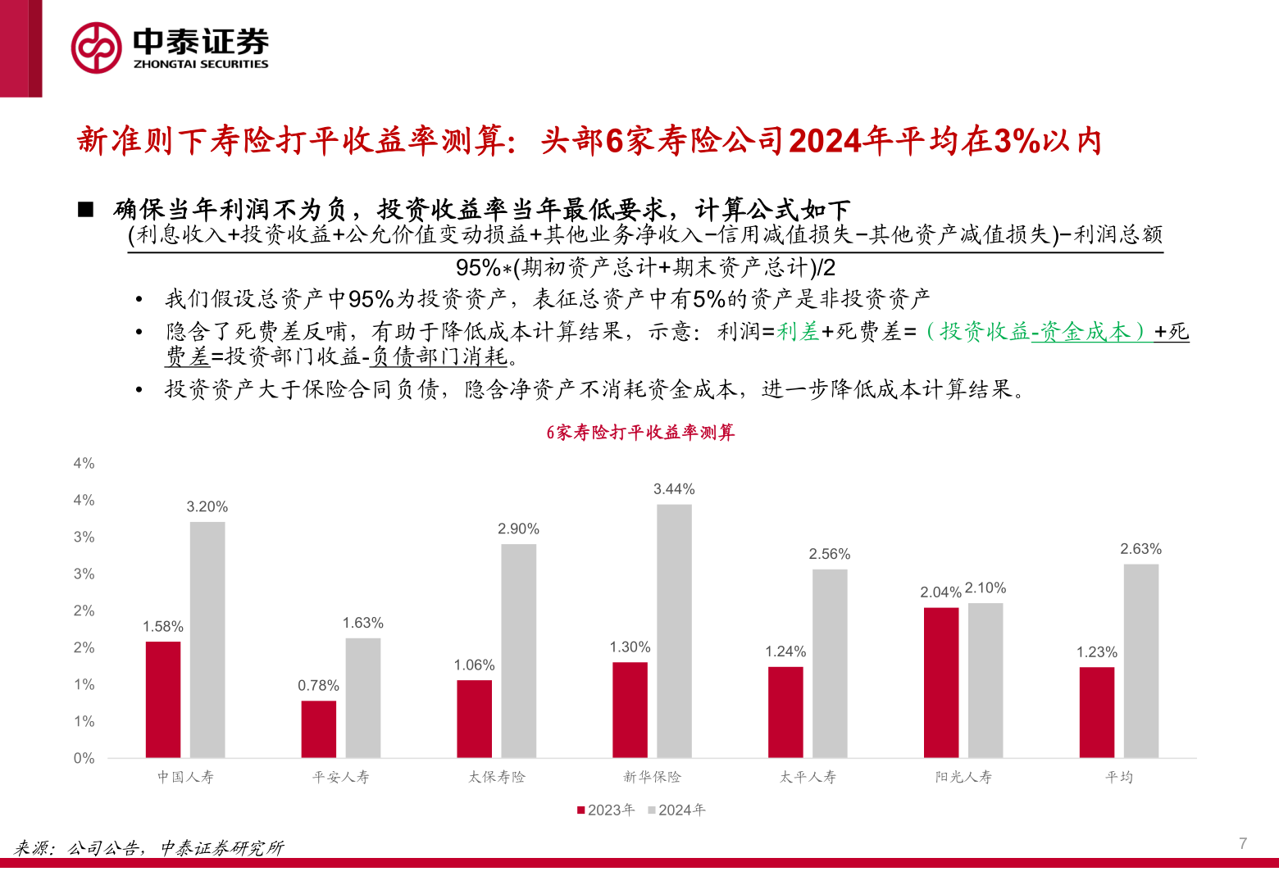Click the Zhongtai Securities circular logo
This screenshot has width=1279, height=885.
pos(96,48)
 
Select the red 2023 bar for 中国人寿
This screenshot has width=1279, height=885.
pos(163,699)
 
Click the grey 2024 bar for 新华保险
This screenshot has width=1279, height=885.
pos(674,630)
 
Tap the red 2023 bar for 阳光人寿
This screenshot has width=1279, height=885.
pos(940,682)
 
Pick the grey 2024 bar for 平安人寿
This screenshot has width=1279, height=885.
pos(362,697)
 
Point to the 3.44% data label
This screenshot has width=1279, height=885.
pos(674,489)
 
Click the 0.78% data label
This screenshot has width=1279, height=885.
pos(318,686)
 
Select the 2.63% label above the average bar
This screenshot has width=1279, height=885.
pos(1140,549)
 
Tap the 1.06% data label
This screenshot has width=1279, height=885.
pos(474,665)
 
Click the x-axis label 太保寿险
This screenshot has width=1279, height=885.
pos(496,777)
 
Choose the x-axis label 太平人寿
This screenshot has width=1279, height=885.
pos(808,777)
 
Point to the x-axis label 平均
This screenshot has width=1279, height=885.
pos(1118,777)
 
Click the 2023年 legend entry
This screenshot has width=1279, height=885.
pos(606,810)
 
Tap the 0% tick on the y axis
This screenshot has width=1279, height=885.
pos(84,758)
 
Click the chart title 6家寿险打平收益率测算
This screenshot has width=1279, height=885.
pos(640,433)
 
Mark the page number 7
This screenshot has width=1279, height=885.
pos(1243,843)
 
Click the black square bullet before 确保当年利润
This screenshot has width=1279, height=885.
pos(86,210)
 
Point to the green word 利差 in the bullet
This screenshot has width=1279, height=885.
pos(798,332)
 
